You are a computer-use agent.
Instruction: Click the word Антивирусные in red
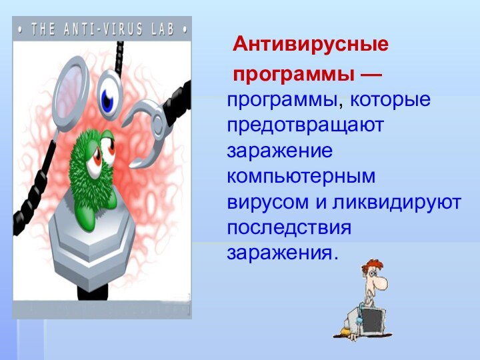pyautogui.click(x=311, y=45)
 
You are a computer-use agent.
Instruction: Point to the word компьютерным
pyautogui.click(x=301, y=177)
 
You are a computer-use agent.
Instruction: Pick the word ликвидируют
pyautogui.click(x=399, y=202)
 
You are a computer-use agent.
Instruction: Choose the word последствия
pyautogui.click(x=289, y=227)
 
